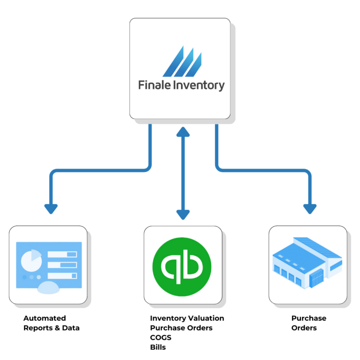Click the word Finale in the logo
153,85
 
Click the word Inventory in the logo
199,86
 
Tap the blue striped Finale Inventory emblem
182,61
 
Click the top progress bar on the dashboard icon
62,255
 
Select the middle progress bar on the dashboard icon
62,265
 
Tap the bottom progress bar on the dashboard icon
62,276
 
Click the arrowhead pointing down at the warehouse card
309,209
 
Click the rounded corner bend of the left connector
53,173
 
